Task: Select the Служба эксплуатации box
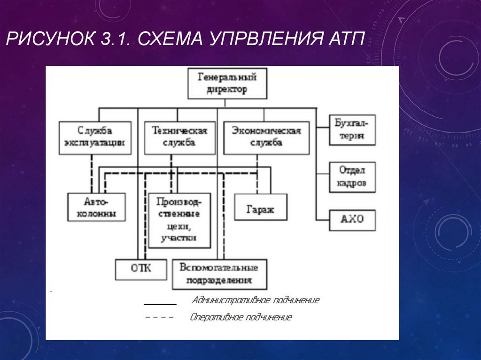(95, 137)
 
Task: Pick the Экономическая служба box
(266, 137)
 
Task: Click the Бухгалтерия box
(352, 130)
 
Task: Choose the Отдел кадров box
(352, 177)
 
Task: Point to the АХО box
(352, 219)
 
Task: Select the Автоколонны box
(97, 207)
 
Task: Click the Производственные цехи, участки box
(179, 220)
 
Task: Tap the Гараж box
(260, 207)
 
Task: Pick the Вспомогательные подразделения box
(219, 274)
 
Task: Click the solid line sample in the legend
(160, 303)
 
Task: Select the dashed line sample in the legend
(160, 318)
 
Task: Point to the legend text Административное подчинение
(256, 300)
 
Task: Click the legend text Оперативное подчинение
(241, 317)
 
